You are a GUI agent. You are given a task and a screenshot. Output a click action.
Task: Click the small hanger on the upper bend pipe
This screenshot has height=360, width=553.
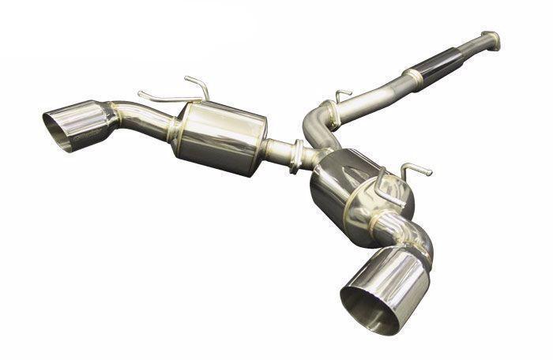click(342, 96)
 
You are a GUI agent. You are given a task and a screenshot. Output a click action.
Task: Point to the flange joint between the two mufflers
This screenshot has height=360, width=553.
click(297, 155)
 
